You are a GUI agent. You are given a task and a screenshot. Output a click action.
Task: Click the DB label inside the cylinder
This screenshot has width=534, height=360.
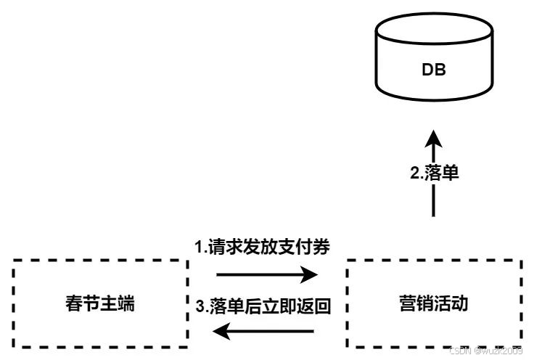tap(434, 70)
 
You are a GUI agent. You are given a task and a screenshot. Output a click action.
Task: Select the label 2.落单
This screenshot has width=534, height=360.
tap(434, 174)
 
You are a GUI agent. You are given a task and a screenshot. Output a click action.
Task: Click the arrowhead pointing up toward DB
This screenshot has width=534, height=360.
tap(433, 139)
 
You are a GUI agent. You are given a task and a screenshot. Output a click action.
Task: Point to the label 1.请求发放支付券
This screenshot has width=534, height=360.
tap(263, 247)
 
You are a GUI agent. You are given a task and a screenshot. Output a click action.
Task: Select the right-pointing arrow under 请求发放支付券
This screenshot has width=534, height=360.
tap(267, 274)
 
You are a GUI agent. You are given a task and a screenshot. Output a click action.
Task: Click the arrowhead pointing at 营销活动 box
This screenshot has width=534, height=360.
tap(311, 274)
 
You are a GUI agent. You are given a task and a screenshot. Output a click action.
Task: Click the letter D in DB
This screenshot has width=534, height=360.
tap(427, 70)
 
